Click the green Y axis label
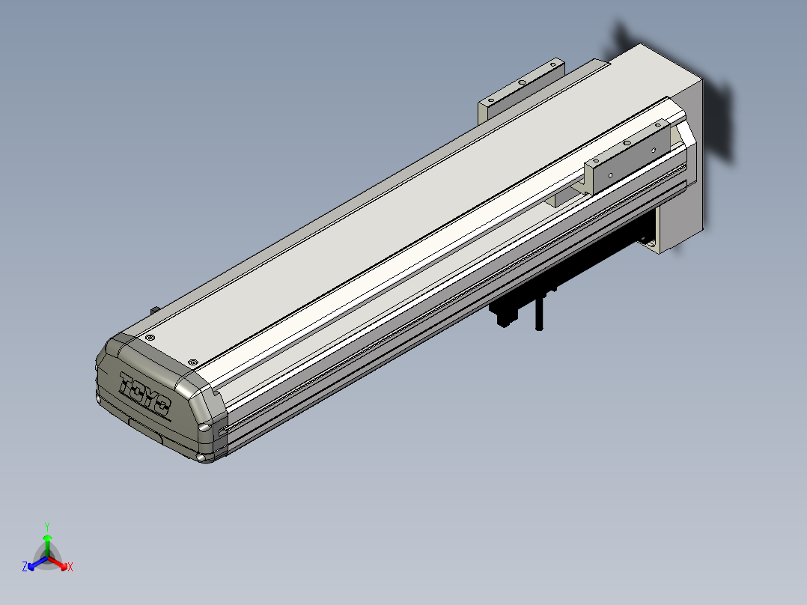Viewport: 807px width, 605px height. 46,526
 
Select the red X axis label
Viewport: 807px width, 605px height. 70,568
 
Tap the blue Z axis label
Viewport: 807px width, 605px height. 25,568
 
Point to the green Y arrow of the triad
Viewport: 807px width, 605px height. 46,542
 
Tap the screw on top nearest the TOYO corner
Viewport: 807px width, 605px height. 149,338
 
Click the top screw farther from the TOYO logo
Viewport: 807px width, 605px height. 194,362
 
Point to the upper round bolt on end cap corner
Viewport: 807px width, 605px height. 204,428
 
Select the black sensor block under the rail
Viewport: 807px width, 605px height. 504,313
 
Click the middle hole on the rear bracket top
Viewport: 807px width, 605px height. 522,82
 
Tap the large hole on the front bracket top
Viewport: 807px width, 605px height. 654,150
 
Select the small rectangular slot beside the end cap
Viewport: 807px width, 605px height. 222,431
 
